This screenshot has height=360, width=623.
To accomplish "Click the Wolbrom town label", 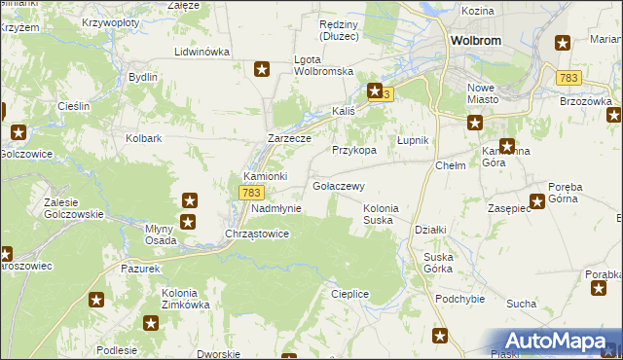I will click(475, 41).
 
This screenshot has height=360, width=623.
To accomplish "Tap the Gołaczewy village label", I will click(338, 186).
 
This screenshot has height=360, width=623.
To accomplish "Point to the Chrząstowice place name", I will click(257, 234).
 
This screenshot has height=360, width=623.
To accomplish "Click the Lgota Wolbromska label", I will click(323, 65).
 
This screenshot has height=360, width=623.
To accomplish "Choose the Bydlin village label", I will click(143, 76).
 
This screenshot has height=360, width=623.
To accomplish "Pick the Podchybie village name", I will click(460, 299).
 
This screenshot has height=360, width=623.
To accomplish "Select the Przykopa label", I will click(353, 151).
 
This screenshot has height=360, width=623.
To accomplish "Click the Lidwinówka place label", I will click(202, 52).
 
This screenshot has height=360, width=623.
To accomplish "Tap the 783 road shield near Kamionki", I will click(247, 194).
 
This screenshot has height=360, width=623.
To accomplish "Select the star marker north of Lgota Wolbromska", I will click(262, 68).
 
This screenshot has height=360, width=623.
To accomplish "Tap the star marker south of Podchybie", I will click(440, 337).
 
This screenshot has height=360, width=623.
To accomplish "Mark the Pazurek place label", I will click(140, 267).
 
